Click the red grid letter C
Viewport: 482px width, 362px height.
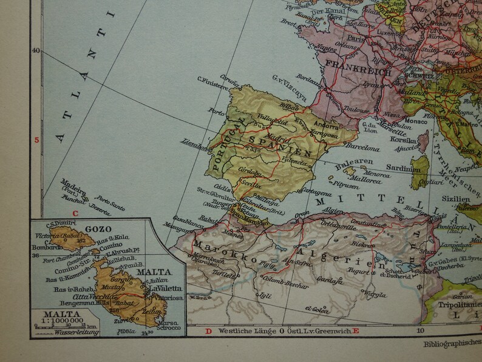click(76, 213)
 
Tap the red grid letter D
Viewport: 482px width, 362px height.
click(208, 331)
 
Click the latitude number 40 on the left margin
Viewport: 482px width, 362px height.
click(35, 51)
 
